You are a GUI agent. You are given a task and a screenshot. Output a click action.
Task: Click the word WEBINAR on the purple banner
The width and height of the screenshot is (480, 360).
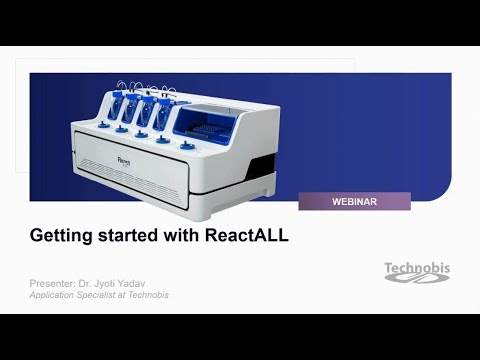(x=354, y=202)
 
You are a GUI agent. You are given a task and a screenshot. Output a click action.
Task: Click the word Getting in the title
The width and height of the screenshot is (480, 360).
(x=58, y=236)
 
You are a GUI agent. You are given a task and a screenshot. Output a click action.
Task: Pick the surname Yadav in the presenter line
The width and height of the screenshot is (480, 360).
(x=143, y=284)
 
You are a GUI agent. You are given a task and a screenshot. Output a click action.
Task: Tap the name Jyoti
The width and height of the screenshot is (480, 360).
(x=113, y=284)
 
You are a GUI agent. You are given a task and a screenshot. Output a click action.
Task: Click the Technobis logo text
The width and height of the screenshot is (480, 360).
(x=417, y=267)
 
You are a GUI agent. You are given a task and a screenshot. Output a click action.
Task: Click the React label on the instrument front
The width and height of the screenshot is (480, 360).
(x=122, y=158)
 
